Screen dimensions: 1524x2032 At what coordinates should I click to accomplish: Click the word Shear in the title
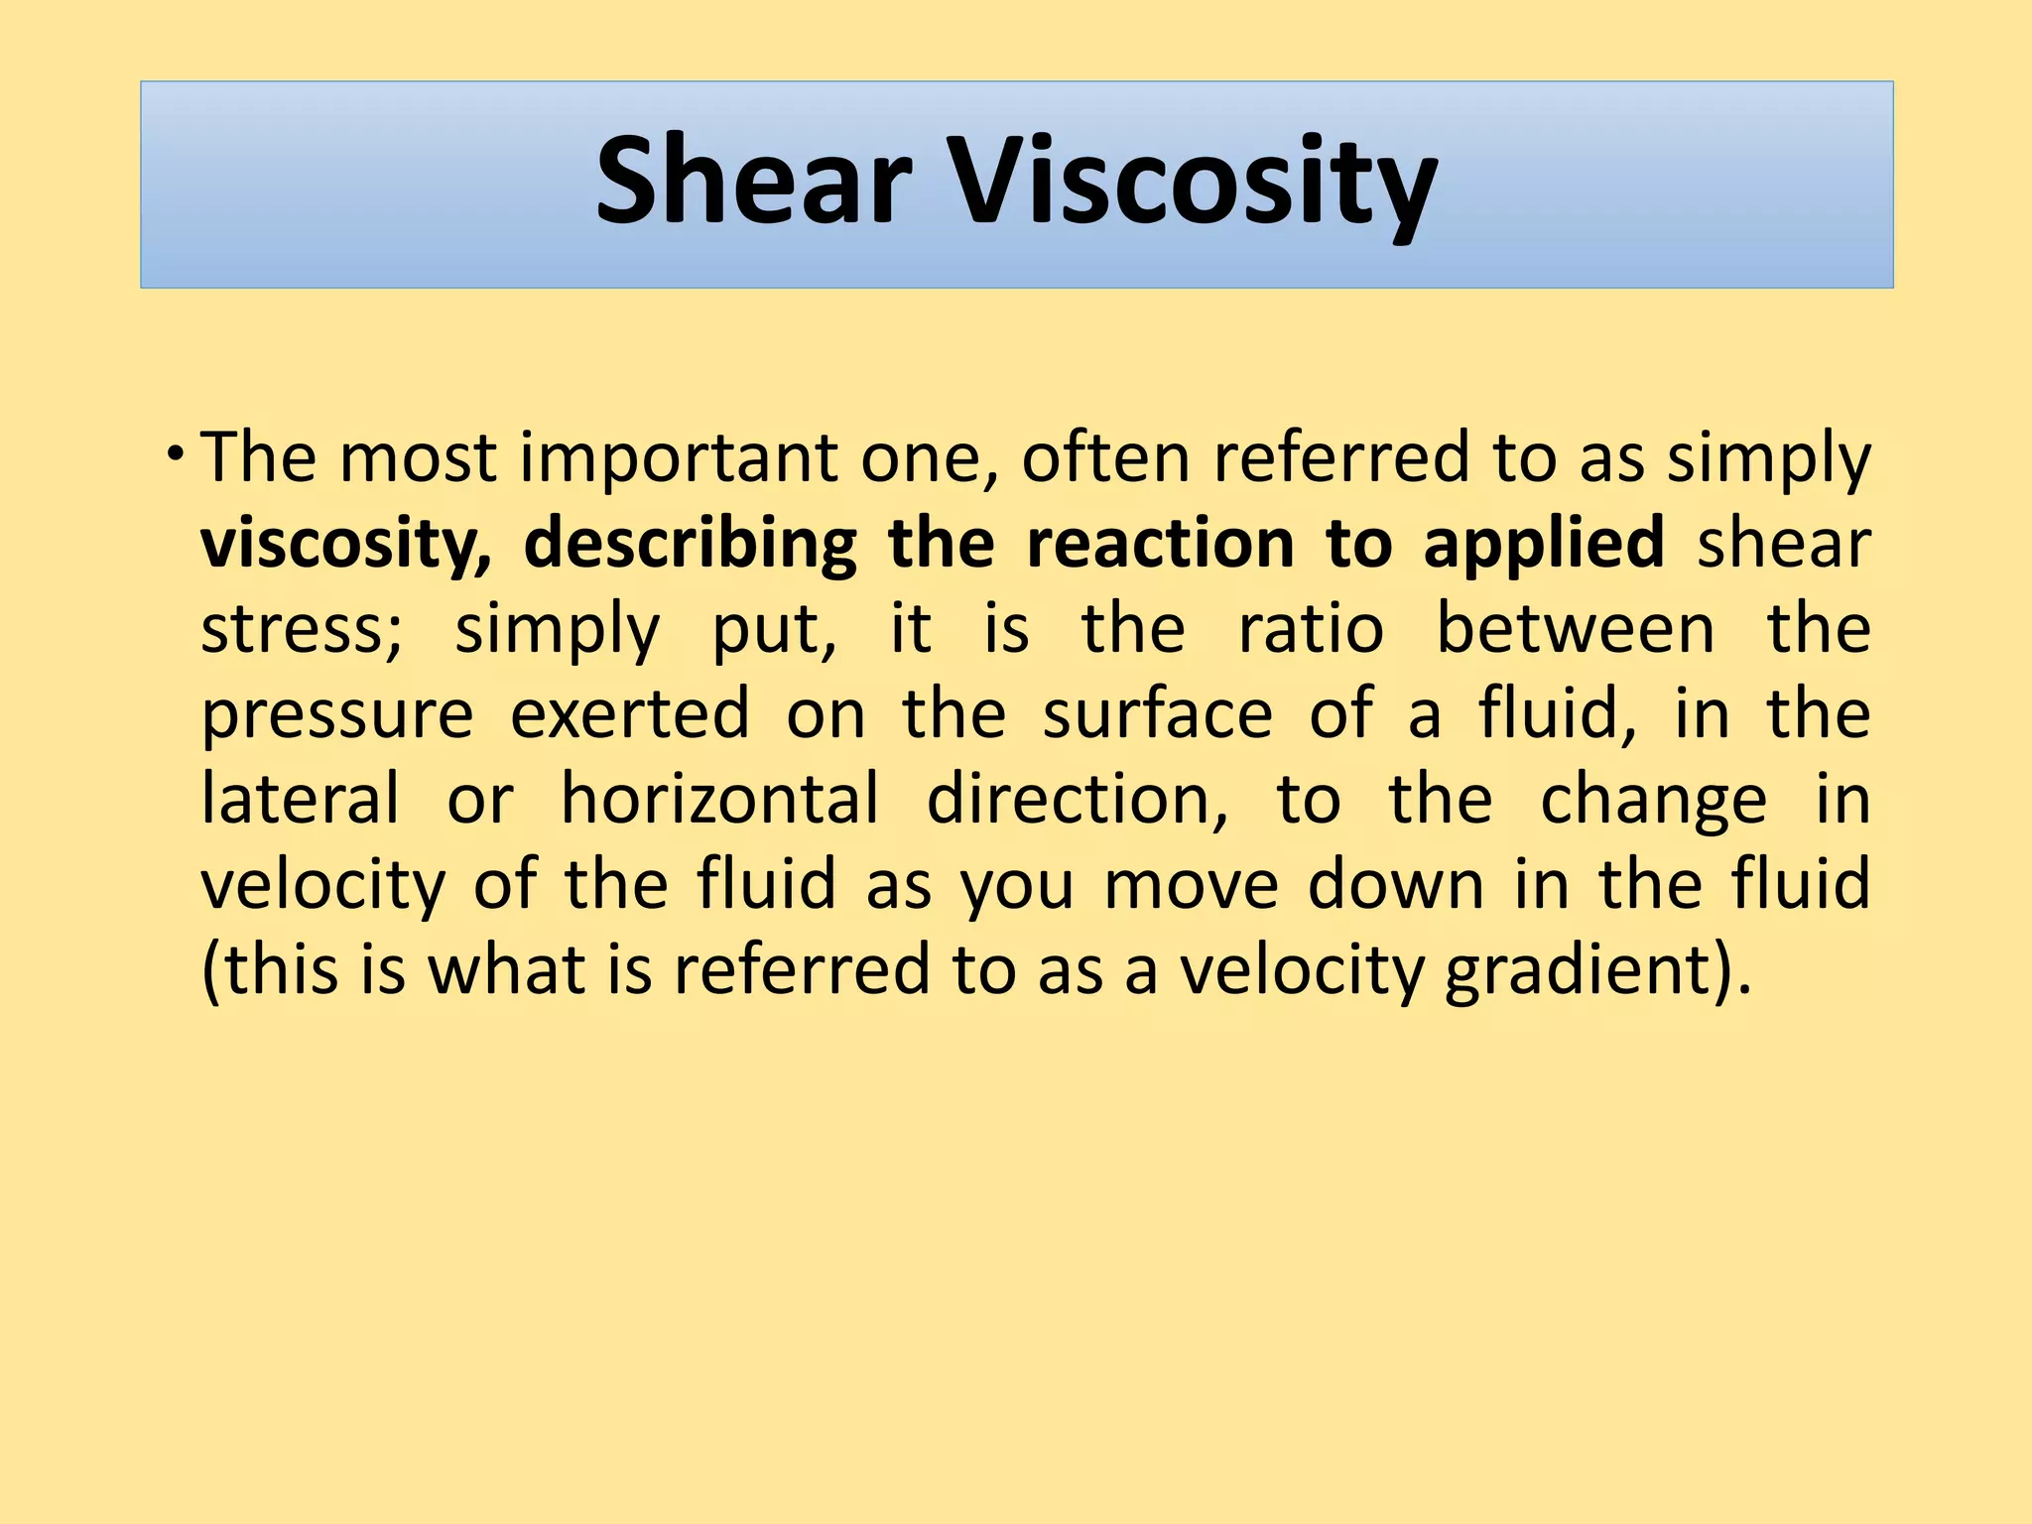click(x=753, y=182)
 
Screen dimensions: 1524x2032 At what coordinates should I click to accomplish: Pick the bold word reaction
click(x=1160, y=545)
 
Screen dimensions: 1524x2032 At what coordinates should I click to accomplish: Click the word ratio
click(x=1311, y=630)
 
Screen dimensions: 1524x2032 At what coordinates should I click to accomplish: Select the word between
click(x=1575, y=630)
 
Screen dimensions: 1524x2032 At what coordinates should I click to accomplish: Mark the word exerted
click(x=629, y=714)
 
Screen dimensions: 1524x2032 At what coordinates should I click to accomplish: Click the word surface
click(x=1157, y=714)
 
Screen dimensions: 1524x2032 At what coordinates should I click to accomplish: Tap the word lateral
click(x=300, y=799)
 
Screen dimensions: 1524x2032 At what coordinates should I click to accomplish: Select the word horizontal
click(x=719, y=799)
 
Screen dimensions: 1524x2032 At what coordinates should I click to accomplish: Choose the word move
click(x=1191, y=885)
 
